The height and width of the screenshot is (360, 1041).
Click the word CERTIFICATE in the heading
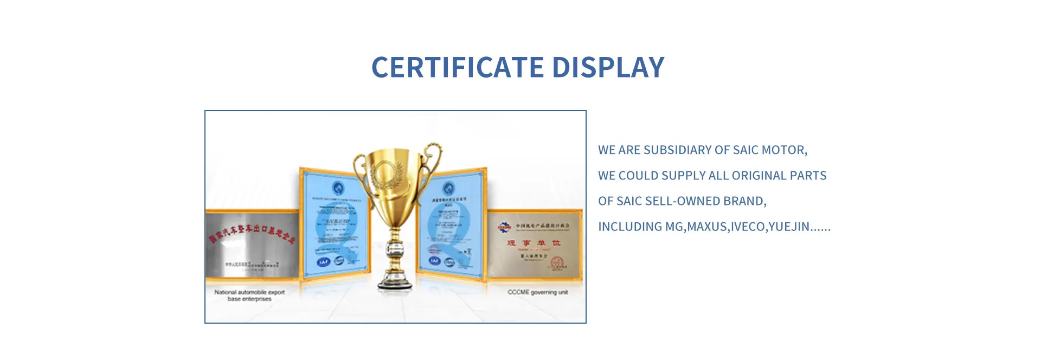(x=458, y=68)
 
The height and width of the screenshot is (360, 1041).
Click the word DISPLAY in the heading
(x=608, y=68)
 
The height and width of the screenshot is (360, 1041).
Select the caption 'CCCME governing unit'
(x=537, y=292)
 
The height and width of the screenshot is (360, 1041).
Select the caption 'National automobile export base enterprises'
(x=249, y=295)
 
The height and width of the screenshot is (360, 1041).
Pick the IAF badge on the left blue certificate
(x=324, y=262)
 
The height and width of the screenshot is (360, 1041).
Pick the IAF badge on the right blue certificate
(x=434, y=260)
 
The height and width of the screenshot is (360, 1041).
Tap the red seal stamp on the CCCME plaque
(x=557, y=263)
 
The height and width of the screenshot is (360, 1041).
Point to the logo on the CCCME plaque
(x=505, y=227)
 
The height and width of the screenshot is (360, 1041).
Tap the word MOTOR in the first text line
(x=784, y=150)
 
